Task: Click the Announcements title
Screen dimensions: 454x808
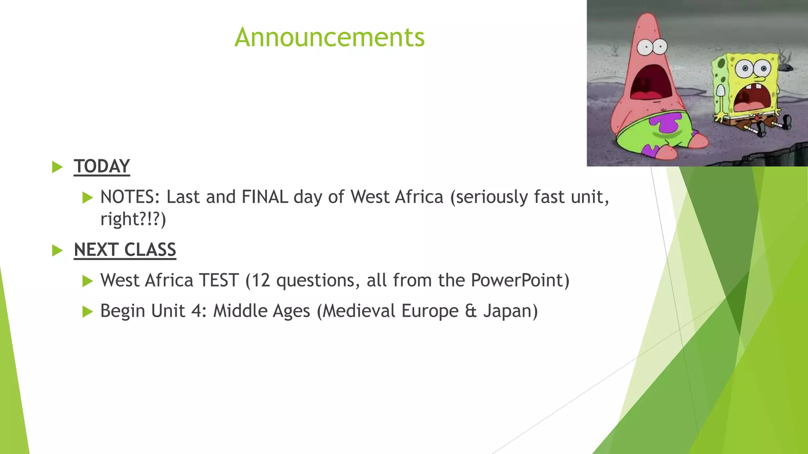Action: (329, 37)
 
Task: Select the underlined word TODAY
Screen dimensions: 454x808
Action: (102, 166)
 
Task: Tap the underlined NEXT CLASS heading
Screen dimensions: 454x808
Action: (125, 250)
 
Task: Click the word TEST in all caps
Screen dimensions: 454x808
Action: (219, 281)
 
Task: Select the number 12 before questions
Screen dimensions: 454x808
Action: (260, 281)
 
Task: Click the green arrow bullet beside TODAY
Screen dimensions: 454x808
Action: (58, 167)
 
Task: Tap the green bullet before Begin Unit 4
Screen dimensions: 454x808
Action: (87, 312)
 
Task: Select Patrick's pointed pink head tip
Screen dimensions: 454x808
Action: (647, 18)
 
